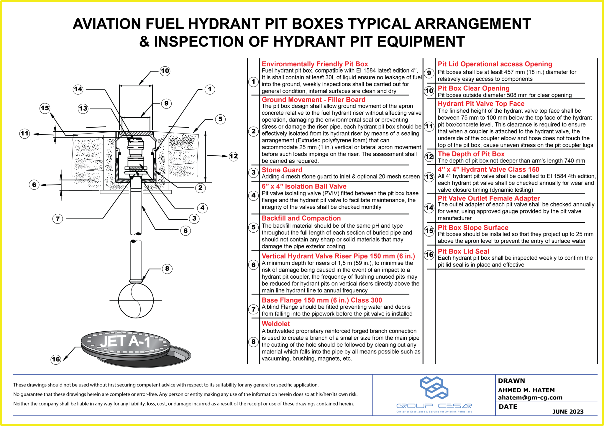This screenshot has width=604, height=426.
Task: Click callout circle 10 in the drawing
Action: click(165, 71)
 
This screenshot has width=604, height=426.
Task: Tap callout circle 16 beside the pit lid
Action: click(56, 359)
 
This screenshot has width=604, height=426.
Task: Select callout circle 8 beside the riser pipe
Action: click(167, 269)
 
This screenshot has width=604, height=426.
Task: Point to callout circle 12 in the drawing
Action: click(234, 156)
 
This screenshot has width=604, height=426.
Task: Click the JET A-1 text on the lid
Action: click(125, 341)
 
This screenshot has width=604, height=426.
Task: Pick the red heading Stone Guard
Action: click(282, 170)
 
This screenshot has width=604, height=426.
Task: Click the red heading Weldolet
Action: click(276, 324)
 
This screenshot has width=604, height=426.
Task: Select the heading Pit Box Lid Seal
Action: click(463, 251)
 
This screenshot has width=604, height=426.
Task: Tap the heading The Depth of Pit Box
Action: click(471, 154)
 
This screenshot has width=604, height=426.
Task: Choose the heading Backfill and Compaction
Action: click(301, 218)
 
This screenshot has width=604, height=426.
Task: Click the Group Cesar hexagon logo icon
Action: click(434, 388)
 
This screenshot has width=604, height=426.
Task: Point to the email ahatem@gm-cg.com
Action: click(530, 397)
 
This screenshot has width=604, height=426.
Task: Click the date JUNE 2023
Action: click(568, 412)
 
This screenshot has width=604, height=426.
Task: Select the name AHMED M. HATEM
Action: click(526, 390)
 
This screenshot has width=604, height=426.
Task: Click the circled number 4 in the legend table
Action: click(254, 195)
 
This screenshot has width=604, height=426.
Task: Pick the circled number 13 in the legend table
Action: click(429, 177)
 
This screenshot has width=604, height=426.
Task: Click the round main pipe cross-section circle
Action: click(136, 300)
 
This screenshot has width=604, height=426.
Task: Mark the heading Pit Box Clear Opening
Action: click(474, 88)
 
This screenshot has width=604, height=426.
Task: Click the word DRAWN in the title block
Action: click(511, 381)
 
